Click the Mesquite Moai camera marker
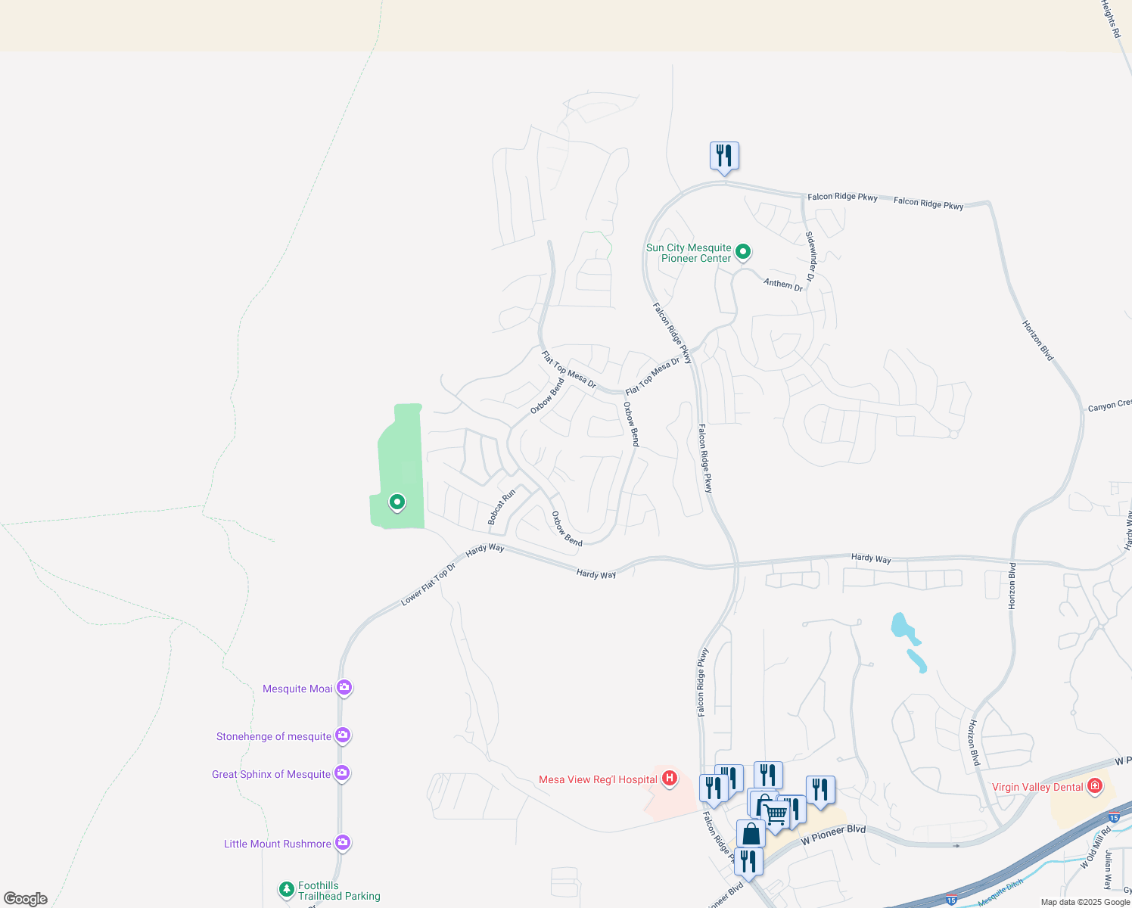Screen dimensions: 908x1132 (x=344, y=688)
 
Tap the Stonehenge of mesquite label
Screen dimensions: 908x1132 (x=274, y=736)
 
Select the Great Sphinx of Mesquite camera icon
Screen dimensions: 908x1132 (x=342, y=773)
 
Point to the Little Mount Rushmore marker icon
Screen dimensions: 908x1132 (x=343, y=842)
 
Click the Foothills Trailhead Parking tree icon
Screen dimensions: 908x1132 (x=286, y=889)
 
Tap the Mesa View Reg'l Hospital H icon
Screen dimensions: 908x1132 (x=669, y=778)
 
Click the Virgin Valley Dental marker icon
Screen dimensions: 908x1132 (x=1094, y=786)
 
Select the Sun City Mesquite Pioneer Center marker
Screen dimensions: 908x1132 (x=743, y=251)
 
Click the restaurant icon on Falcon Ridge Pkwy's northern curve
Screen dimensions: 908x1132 (x=724, y=156)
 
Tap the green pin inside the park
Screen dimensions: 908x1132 (x=397, y=502)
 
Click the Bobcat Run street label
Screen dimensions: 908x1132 (x=502, y=507)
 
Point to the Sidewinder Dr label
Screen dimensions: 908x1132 (x=810, y=257)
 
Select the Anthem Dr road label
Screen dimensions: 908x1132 (x=783, y=285)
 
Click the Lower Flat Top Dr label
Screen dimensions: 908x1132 (x=428, y=584)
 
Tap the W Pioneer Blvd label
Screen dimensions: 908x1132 (x=833, y=834)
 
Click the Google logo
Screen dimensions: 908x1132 (x=26, y=898)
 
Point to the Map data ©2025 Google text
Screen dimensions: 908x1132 (x=1085, y=902)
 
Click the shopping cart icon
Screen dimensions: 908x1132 (x=776, y=814)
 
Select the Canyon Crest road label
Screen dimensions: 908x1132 (x=1109, y=406)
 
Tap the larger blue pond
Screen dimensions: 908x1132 (x=901, y=627)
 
